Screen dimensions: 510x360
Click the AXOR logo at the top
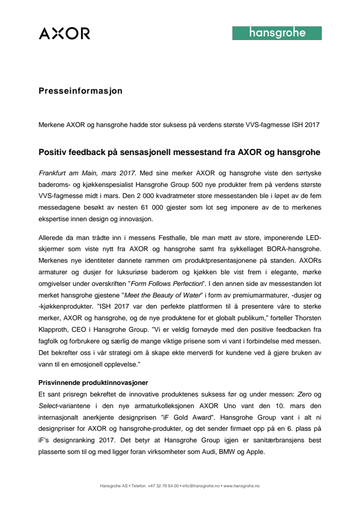pyautogui.click(x=64, y=33)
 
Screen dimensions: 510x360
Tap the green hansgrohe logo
pyautogui.click(x=277, y=33)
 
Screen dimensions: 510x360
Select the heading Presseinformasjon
pyautogui.click(x=81, y=91)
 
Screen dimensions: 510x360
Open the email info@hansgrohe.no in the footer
pyautogui.click(x=200, y=486)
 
